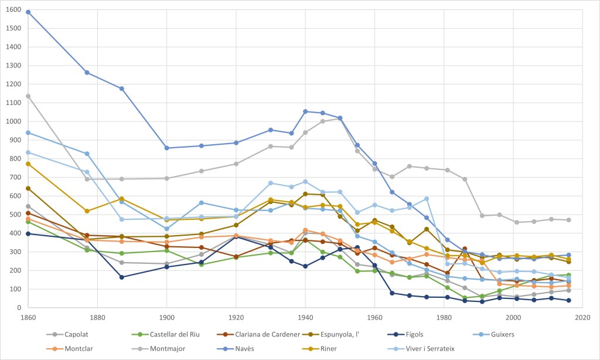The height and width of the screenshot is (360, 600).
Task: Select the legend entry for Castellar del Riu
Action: tap(158, 335)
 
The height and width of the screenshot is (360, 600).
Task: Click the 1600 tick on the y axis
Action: tap(13, 9)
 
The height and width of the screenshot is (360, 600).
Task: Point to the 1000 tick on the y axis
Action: tap(13, 121)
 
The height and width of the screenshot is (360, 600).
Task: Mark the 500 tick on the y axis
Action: tap(15, 215)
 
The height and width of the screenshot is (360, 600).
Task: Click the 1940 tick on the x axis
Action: tap(305, 317)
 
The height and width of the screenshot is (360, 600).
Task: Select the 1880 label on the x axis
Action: tap(97, 317)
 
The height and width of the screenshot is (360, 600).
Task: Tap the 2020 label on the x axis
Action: tap(582, 317)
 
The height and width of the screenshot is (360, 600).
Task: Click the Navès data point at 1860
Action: tap(28, 12)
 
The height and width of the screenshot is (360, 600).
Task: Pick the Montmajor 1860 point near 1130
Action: tap(28, 96)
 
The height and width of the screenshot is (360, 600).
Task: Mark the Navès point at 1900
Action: tap(167, 148)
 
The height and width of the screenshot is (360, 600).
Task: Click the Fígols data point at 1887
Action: tap(122, 277)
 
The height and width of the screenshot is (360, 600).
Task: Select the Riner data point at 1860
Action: tap(28, 164)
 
